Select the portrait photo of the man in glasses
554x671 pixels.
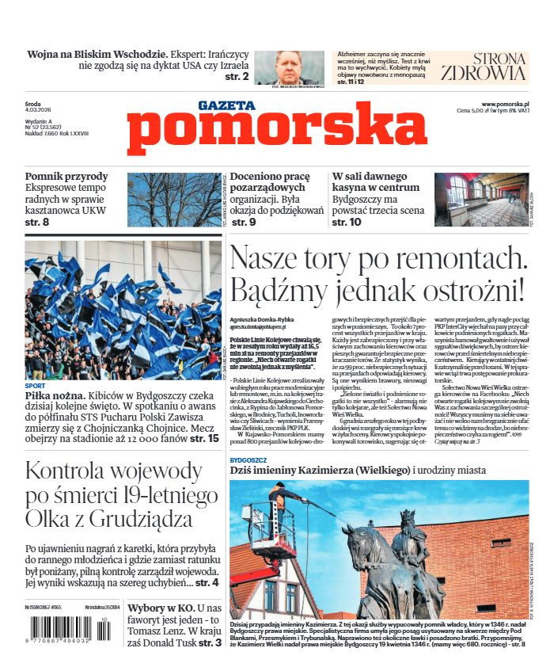click(x=299, y=67)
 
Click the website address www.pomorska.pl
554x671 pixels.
click(x=505, y=104)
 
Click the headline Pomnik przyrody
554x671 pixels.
click(x=66, y=177)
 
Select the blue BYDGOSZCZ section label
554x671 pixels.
click(x=249, y=459)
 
